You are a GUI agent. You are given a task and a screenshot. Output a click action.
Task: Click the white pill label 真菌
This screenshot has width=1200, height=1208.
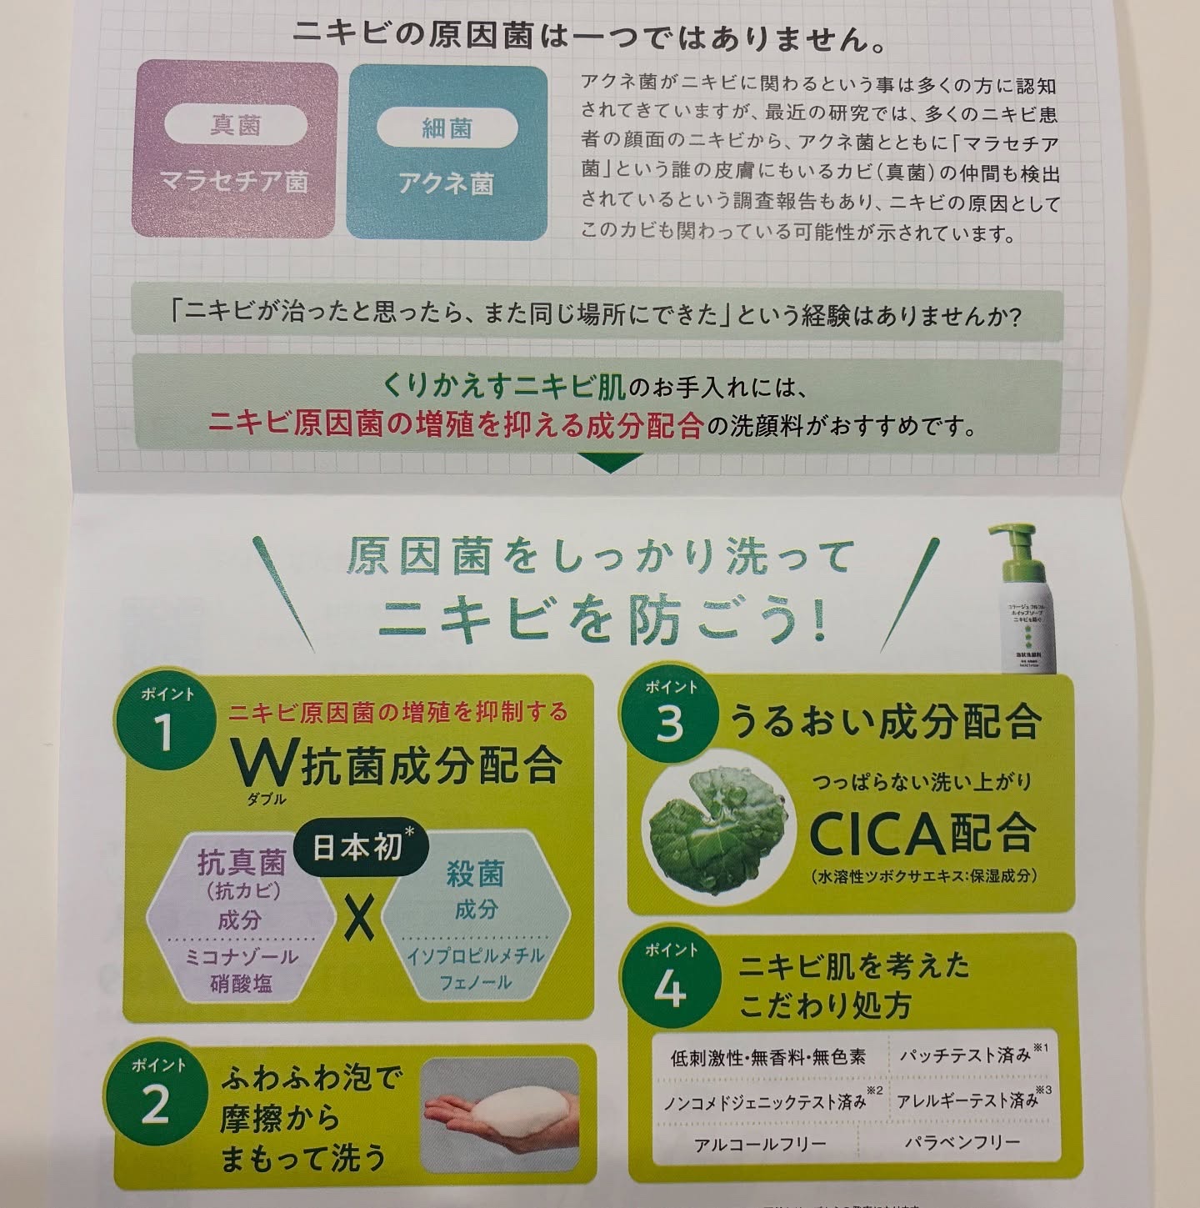pos(236,127)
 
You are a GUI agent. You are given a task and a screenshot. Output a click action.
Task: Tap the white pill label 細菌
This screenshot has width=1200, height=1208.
pos(447,128)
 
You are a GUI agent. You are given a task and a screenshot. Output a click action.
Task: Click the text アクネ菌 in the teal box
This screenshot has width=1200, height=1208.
pos(447,183)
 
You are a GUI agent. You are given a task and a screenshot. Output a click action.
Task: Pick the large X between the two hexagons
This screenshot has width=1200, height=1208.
pos(359,918)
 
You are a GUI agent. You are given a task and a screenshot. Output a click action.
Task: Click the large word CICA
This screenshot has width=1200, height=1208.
pos(885,834)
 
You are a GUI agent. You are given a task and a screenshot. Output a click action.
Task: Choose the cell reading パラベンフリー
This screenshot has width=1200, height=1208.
pos(962,1141)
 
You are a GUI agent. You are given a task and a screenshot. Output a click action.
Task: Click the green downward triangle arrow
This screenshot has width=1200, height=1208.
pos(609,462)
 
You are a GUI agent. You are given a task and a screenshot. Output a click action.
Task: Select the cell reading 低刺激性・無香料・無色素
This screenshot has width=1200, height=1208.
pos(768,1058)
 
